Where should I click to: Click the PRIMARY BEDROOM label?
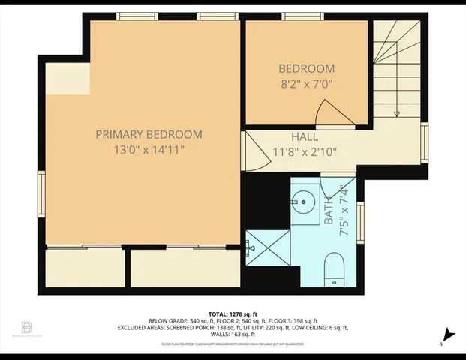(149, 134)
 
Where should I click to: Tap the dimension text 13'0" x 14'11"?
(149, 150)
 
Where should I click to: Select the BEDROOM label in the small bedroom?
(306, 69)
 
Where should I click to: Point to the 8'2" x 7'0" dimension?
(306, 84)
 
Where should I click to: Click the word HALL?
(305, 137)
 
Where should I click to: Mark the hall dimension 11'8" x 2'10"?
(305, 152)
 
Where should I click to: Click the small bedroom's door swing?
(332, 114)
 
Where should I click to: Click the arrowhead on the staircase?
(397, 114)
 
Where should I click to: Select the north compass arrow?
(449, 335)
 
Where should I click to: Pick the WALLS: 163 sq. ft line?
(233, 334)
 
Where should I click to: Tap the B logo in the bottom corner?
(27, 328)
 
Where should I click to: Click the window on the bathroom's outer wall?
(361, 223)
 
